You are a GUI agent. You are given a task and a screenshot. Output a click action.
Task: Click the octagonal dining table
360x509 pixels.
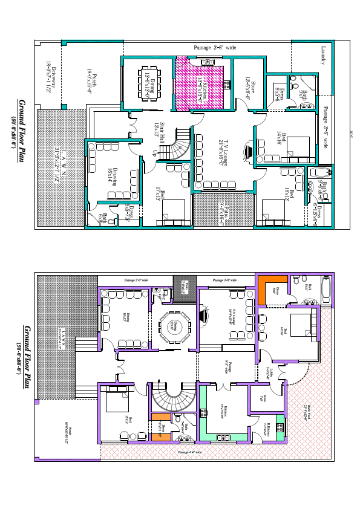point(174,326)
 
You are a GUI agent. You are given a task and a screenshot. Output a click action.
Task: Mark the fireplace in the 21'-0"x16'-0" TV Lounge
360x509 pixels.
point(247,149)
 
